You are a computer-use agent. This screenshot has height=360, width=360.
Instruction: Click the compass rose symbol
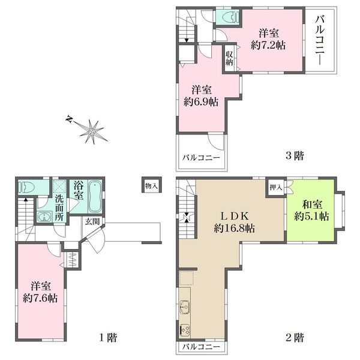tap(92, 131)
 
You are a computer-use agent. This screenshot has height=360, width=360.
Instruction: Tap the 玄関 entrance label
tap(92, 221)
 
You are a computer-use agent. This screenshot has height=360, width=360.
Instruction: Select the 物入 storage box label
tap(151, 185)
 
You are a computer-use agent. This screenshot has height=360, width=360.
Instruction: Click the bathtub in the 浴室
tap(95, 197)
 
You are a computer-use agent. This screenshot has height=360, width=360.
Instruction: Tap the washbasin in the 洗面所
tap(44, 217)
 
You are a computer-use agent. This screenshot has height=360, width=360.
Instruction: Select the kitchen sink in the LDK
tap(185, 307)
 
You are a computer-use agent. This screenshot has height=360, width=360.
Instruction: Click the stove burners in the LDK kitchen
tap(185, 330)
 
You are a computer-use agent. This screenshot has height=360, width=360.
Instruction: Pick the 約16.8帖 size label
tap(234, 228)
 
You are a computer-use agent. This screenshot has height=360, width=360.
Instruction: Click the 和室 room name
tap(312, 205)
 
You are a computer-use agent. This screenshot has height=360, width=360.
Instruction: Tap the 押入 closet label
tap(276, 187)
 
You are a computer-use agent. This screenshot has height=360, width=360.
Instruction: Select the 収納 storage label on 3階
tap(229, 58)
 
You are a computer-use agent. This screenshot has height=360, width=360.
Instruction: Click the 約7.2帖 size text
tap(268, 45)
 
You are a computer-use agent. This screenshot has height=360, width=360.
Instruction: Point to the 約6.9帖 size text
tap(200, 102)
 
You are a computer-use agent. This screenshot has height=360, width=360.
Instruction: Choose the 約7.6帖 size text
tap(40, 298)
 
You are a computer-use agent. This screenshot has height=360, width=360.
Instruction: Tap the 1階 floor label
tap(108, 337)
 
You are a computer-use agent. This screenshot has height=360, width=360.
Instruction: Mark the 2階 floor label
tap(295, 337)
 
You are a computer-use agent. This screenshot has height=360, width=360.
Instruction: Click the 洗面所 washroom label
tap(59, 208)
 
